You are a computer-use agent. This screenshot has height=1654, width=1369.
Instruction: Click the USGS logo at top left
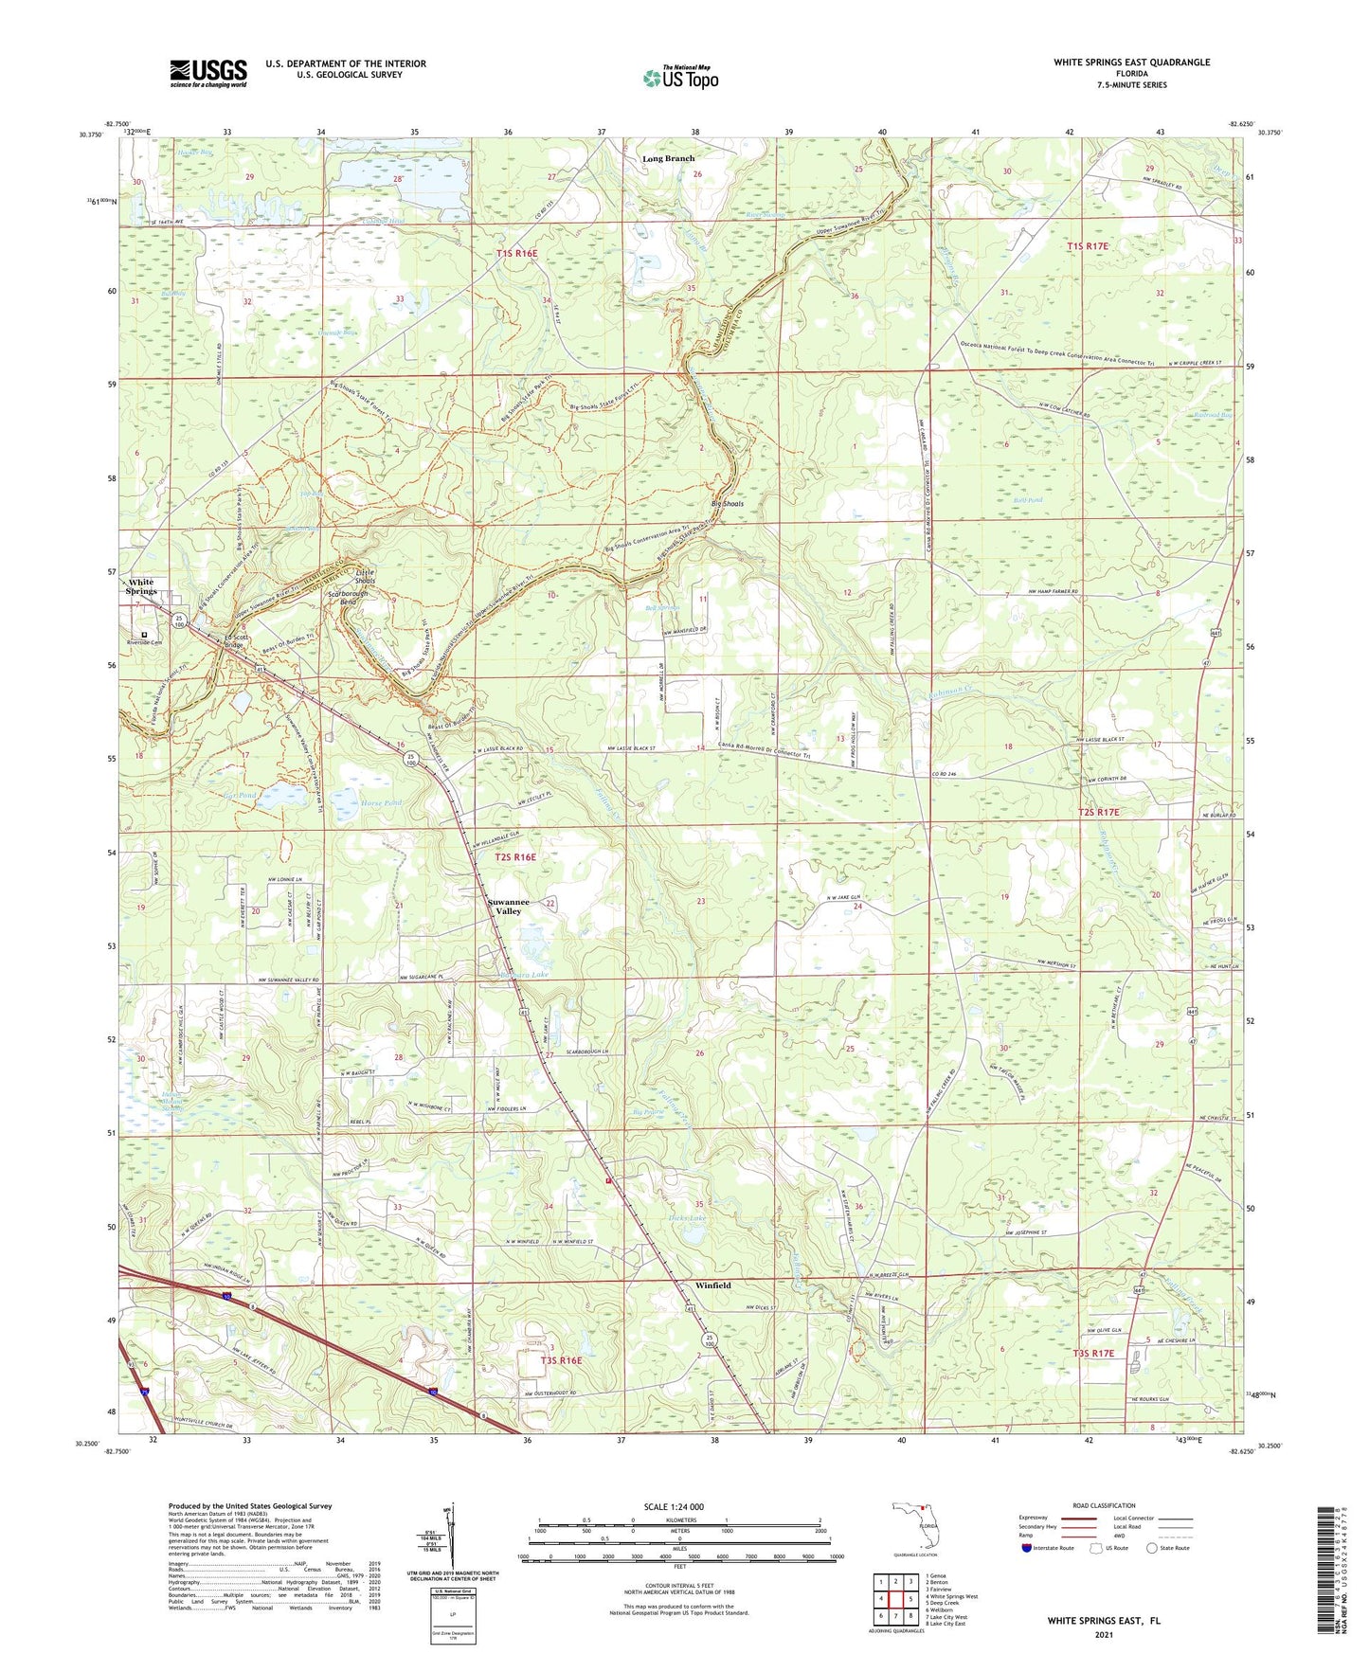point(207,72)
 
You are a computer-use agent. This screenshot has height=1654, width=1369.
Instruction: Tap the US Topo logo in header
point(680,77)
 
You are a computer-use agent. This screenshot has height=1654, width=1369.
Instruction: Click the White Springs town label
point(141,586)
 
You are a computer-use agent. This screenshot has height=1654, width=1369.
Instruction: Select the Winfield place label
point(712,1285)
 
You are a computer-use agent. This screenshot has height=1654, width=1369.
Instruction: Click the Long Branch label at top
point(668,158)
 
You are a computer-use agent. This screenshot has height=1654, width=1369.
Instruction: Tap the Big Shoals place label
point(728,504)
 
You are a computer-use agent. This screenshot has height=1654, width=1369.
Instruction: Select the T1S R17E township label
point(1087,246)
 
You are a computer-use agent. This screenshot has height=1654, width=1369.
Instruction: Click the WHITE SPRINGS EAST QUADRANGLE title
point(1131,63)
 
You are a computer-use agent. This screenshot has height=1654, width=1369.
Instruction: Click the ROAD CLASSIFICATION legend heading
point(1104,1505)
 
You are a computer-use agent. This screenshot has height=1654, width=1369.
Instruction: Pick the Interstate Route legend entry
point(1047,1548)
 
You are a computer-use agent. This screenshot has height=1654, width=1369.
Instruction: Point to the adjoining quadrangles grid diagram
point(895,1599)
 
